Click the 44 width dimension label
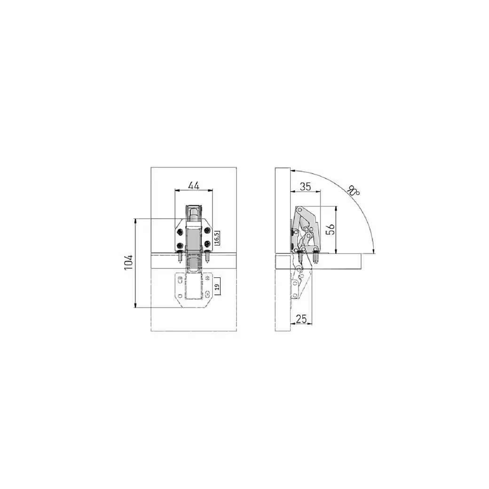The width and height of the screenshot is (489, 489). pyautogui.click(x=194, y=186)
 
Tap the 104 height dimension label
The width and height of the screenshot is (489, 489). pyautogui.click(x=129, y=262)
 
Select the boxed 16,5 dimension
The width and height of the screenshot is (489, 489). pyautogui.click(x=217, y=238)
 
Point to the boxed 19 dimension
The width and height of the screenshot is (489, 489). pyautogui.click(x=217, y=286)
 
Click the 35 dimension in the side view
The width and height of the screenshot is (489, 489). pyautogui.click(x=305, y=187)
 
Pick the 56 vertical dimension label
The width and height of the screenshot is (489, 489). pyautogui.click(x=331, y=229)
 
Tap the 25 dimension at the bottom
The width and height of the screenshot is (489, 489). pyautogui.click(x=301, y=319)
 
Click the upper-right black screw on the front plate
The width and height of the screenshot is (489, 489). pyautogui.click(x=207, y=231)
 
